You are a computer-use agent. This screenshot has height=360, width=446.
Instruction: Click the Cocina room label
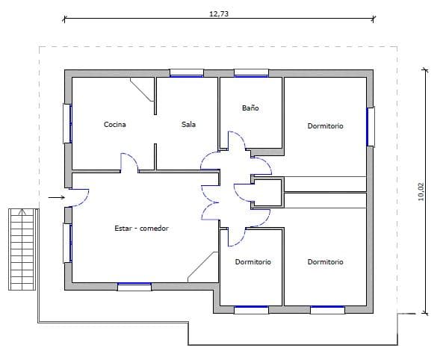[x=114, y=124]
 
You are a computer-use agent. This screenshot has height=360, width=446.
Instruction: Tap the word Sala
[x=188, y=124]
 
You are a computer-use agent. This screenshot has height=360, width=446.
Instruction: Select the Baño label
[x=250, y=108]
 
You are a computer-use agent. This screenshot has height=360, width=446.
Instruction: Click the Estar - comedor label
[x=141, y=228]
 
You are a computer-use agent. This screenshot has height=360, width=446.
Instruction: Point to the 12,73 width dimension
[x=219, y=13]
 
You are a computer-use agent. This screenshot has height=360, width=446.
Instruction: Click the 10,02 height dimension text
[x=421, y=192]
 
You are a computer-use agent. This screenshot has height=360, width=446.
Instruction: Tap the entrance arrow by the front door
[x=57, y=197]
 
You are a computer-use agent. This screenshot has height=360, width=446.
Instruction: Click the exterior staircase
[x=22, y=249]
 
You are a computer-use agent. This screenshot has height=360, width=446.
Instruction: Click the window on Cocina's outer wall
[x=67, y=123]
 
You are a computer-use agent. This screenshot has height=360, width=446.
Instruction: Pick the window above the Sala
[x=187, y=73]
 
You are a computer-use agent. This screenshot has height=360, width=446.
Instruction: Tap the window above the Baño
[x=251, y=73]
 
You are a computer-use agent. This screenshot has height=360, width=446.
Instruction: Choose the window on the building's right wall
[x=371, y=127]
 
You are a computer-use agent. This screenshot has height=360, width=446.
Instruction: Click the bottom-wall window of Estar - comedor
[x=134, y=287]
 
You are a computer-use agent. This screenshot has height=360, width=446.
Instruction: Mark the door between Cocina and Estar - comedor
[x=129, y=162]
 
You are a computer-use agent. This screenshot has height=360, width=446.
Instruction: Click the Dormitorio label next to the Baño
[x=326, y=125]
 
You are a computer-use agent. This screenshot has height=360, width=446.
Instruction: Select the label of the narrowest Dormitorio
[x=253, y=261]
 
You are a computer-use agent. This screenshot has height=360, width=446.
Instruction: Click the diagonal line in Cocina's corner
[x=142, y=90]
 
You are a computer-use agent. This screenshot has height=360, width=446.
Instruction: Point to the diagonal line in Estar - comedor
[x=202, y=267]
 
